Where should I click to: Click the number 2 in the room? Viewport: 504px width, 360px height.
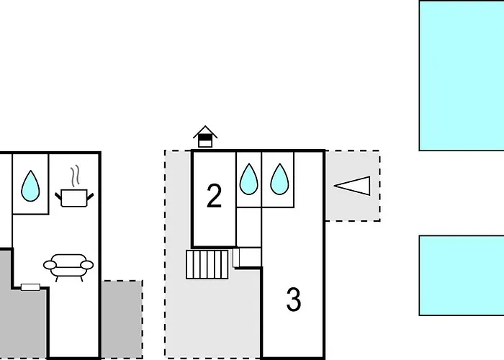point(214,197)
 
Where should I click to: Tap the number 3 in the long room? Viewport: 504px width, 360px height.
point(293,300)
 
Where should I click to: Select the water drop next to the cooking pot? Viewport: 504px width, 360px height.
point(30,185)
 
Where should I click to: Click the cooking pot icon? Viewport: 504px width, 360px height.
point(75,197)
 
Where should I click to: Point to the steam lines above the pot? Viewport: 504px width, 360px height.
point(75,175)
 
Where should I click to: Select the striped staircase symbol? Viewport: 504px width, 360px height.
point(207,264)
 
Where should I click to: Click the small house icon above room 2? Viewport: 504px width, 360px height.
point(206,136)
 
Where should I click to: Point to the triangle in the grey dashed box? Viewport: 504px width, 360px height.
point(353,186)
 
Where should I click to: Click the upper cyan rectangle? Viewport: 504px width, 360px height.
point(462,75)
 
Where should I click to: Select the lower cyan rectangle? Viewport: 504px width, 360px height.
point(462,275)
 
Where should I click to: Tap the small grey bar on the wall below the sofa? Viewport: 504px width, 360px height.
point(30,287)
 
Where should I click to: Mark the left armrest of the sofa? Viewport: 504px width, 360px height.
point(50,265)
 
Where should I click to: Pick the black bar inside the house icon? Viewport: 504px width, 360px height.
point(206,135)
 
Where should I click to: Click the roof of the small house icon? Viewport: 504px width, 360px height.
point(206,130)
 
